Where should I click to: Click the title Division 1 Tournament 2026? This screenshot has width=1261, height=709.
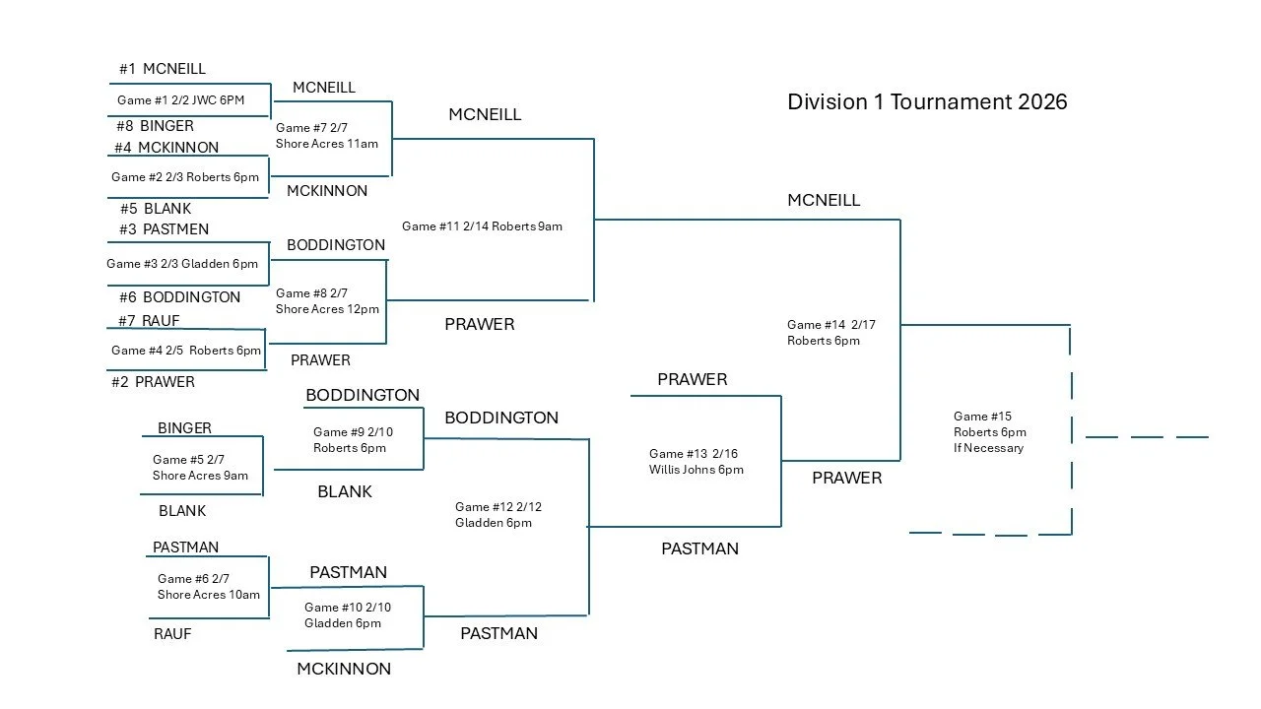coord(927,101)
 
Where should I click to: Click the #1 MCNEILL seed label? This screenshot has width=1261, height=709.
coord(163,69)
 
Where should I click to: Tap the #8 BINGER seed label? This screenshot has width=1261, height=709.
coord(154,126)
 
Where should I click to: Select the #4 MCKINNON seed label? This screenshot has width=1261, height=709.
coord(166,148)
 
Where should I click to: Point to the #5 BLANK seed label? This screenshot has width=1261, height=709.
coord(155,209)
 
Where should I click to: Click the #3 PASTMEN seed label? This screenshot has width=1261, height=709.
coord(162,229)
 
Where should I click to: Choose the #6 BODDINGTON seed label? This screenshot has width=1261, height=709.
coord(177,297)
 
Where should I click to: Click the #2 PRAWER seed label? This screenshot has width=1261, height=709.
coord(153,382)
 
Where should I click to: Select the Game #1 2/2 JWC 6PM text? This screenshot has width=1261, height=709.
coord(180,100)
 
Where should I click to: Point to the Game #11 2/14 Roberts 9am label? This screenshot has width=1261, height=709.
coord(482,226)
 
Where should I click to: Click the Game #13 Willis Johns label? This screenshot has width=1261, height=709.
coord(696,462)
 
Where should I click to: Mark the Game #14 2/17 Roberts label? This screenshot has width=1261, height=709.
coord(830,333)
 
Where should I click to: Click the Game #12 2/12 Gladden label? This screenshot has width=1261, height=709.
coord(498,515)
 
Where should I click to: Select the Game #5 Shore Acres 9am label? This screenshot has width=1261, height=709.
coord(200,468)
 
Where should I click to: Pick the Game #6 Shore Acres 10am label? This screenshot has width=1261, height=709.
coord(208,587)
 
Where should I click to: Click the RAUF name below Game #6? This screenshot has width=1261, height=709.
coord(172,634)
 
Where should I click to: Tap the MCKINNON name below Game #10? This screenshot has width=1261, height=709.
coord(344,669)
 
